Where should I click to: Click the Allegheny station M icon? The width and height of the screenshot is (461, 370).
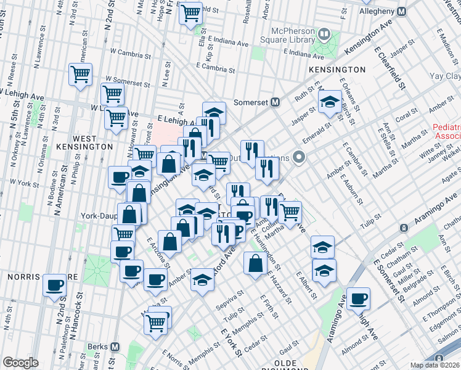[x=402, y=12]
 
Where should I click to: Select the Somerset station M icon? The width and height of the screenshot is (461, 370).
[x=275, y=102]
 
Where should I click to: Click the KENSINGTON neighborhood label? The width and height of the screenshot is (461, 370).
[x=337, y=70]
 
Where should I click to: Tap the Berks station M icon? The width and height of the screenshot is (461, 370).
[x=113, y=347]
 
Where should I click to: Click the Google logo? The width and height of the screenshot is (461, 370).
[x=20, y=363]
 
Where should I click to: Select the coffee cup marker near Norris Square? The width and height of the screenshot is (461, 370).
[x=55, y=286]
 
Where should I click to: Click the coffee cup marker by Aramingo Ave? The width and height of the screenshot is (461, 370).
[x=358, y=300]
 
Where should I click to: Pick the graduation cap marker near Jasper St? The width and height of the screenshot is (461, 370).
[x=330, y=102]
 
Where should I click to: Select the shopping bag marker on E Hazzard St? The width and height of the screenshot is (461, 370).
[x=256, y=263]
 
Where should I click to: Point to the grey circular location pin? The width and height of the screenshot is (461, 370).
[x=300, y=158]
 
